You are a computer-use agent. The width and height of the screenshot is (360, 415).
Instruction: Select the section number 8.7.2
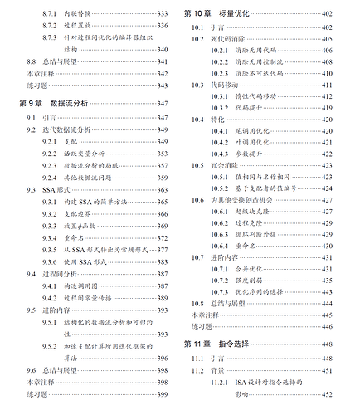[x=51, y=26]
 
